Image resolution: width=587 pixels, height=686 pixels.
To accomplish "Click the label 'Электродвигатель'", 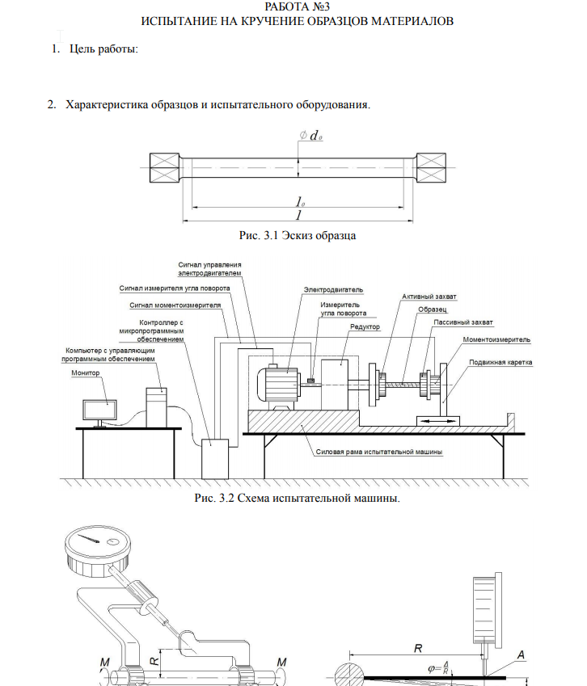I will pos(333,288).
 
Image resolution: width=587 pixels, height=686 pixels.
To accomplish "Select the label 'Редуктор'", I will pos(365,327).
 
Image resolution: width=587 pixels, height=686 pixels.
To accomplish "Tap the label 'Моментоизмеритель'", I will pos(496,340).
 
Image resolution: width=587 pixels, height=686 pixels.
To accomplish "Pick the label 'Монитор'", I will pos(86,373).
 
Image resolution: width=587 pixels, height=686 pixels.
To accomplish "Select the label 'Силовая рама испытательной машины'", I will pos(378,452).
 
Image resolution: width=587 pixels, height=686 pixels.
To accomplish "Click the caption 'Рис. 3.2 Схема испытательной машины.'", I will pos(297,499).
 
